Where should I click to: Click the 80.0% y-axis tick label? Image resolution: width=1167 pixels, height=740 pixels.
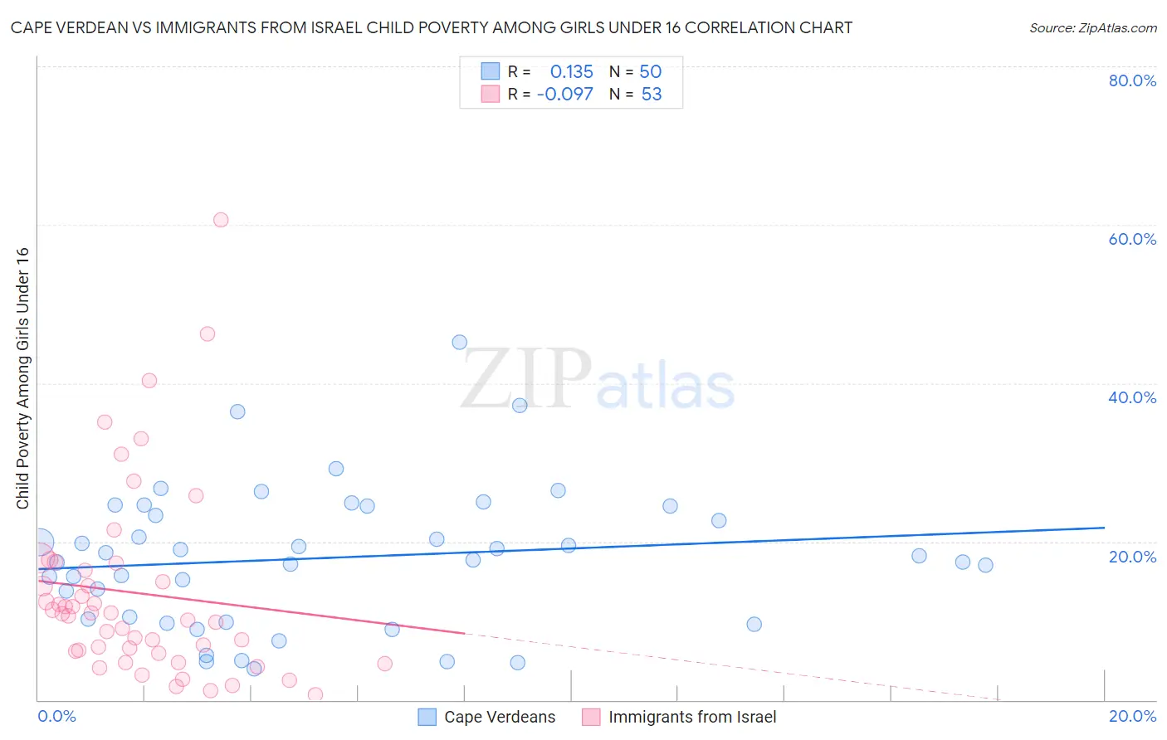[x=1132, y=80]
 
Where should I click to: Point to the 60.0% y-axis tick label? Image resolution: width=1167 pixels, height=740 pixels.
[x=1132, y=239]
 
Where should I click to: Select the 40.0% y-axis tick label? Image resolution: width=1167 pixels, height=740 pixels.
[x=1132, y=397]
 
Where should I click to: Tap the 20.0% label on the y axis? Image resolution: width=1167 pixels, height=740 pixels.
[x=1132, y=557]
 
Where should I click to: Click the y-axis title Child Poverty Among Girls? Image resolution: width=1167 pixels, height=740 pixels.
[x=22, y=378]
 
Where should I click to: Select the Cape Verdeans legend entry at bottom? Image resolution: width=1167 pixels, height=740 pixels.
[x=499, y=718]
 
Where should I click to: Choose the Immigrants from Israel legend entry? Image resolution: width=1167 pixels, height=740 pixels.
[x=691, y=718]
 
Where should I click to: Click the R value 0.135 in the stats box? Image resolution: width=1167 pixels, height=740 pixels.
[x=571, y=72]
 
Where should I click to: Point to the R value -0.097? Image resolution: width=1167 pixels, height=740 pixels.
[x=565, y=95]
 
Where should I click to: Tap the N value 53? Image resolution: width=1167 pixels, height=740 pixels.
[x=652, y=95]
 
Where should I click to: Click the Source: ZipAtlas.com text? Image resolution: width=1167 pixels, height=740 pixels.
[x=1092, y=28]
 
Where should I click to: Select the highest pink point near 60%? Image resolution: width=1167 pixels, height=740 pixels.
[x=221, y=220]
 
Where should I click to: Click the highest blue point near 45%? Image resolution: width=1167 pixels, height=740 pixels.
[x=459, y=342]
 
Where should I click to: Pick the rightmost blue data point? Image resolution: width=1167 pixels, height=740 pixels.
[x=985, y=565]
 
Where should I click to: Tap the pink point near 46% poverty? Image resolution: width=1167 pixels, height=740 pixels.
[x=208, y=333]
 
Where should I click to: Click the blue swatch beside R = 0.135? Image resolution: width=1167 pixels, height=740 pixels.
[x=491, y=71]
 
